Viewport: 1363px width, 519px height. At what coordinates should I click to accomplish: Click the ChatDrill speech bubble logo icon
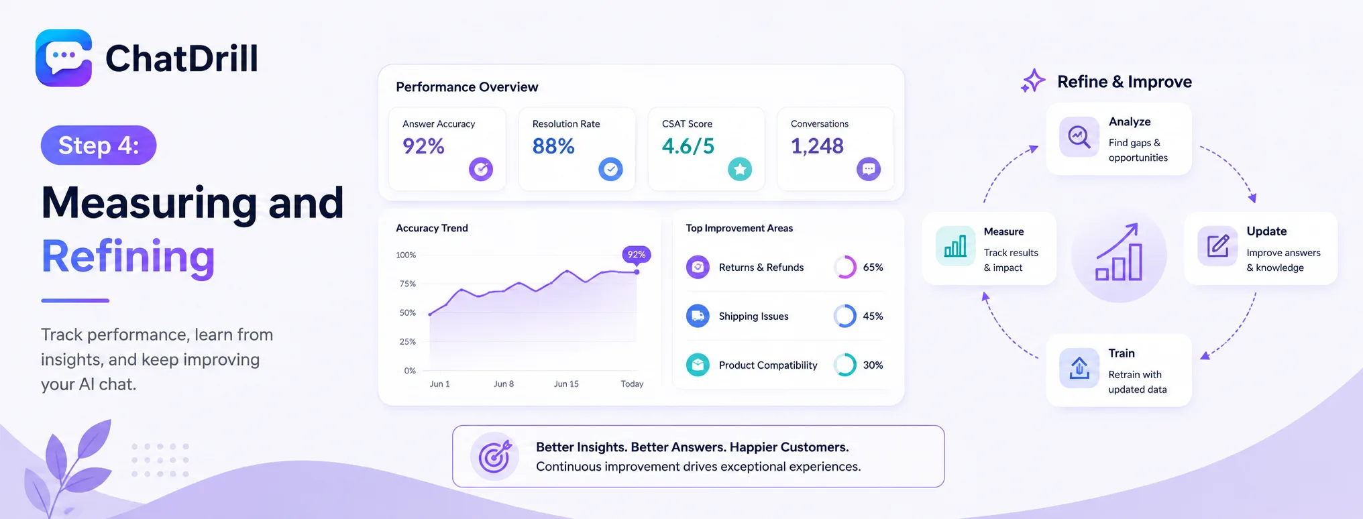(x=64, y=58)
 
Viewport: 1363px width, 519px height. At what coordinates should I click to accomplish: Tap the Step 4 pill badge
(x=99, y=145)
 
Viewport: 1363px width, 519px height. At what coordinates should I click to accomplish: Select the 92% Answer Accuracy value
(x=423, y=146)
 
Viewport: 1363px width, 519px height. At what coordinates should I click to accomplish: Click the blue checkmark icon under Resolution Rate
(x=610, y=169)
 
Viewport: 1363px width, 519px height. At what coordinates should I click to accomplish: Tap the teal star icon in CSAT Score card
(x=740, y=169)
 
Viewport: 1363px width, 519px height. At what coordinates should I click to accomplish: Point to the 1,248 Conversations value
(x=817, y=146)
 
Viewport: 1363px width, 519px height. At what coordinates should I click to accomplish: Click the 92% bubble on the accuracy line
(x=637, y=254)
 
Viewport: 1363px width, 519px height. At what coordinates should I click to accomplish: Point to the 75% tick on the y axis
(x=408, y=284)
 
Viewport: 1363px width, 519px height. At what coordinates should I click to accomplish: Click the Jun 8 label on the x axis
(x=504, y=384)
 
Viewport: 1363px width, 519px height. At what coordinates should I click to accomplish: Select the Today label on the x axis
(x=632, y=384)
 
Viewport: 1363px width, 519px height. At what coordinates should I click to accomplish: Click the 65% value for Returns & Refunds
(x=873, y=267)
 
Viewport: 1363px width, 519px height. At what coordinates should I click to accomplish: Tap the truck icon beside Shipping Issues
(x=698, y=316)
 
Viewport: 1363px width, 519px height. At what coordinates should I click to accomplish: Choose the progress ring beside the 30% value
(x=845, y=365)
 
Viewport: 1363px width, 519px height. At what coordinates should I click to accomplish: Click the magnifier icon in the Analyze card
(x=1079, y=137)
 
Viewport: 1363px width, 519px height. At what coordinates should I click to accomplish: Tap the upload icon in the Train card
(x=1079, y=368)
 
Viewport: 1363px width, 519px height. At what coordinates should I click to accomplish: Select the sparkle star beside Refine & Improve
(x=1033, y=81)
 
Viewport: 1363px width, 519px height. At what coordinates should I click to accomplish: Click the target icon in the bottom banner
(x=495, y=457)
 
